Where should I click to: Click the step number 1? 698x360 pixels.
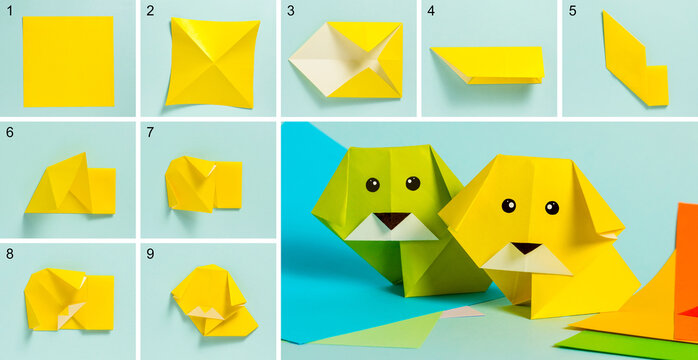(x=10, y=12)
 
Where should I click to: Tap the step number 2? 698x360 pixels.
(x=150, y=12)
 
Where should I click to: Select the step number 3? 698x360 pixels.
(x=291, y=12)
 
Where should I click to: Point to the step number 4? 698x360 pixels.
(x=431, y=12)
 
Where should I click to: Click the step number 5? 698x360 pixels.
(x=571, y=12)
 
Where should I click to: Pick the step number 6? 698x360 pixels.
(x=10, y=132)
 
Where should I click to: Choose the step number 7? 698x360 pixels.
(x=150, y=132)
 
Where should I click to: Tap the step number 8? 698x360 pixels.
(x=10, y=253)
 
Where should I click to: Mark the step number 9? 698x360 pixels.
(x=150, y=253)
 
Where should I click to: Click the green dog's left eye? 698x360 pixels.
(x=373, y=184)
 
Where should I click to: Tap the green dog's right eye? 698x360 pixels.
(x=412, y=183)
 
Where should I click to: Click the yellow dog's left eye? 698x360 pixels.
(x=509, y=205)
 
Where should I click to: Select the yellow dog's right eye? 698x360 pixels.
(x=551, y=208)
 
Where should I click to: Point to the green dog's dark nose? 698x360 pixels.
(x=392, y=219)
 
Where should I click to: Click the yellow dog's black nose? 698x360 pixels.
(x=526, y=247)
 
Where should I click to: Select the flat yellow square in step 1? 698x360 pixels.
(x=68, y=62)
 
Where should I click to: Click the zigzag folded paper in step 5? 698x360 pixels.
(x=635, y=60)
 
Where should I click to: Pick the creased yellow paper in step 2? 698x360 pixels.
(x=212, y=62)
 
